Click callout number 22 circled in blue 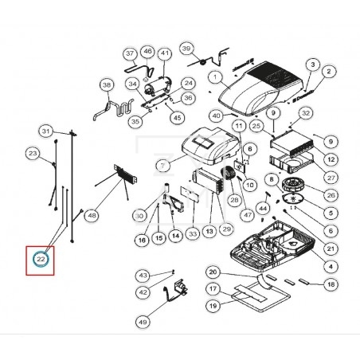[x=40, y=259]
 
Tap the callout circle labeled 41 [x=165, y=54]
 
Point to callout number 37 [x=130, y=53]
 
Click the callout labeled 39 [x=188, y=49]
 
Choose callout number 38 [x=106, y=84]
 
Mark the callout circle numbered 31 [x=46, y=131]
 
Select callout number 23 [x=33, y=152]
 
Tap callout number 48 [x=92, y=215]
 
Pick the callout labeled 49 [x=143, y=322]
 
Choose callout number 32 [x=306, y=113]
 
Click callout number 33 [x=192, y=234]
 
